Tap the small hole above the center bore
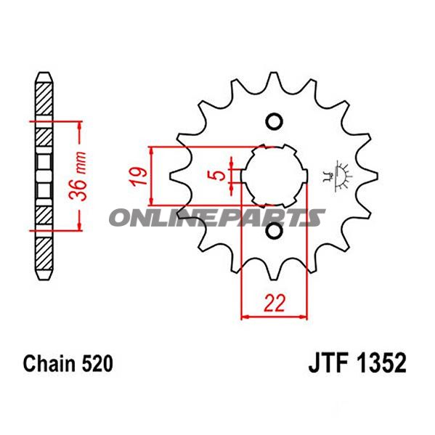[x=273, y=121]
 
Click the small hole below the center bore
[x=273, y=232]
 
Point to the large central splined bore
[x=273, y=176]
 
